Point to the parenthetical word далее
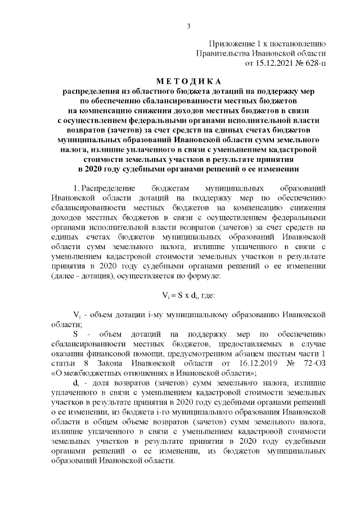[65, 277]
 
